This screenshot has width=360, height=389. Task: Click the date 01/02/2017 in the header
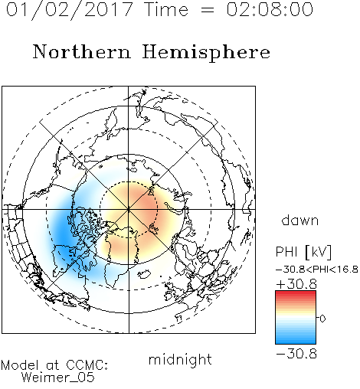[x=69, y=10]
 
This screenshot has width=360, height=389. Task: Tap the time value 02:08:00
[x=270, y=9]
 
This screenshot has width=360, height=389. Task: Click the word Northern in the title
[x=82, y=52]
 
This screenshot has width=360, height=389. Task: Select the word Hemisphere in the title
[x=206, y=53]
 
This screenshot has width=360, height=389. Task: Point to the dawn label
[x=300, y=220]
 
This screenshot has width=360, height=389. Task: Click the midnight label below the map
[x=180, y=359]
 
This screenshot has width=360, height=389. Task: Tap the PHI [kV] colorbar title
[x=303, y=252]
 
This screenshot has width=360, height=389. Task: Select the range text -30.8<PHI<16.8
[x=317, y=270]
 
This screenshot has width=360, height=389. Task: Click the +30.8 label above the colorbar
[x=296, y=284]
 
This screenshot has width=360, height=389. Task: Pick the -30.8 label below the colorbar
[x=296, y=354]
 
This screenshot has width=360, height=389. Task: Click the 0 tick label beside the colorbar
[x=322, y=319]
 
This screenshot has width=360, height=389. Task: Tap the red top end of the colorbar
[x=296, y=293]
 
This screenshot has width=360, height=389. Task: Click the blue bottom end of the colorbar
[x=296, y=342]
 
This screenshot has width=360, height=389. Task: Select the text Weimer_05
[x=57, y=377]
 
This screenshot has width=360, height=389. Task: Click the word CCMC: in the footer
[x=87, y=365]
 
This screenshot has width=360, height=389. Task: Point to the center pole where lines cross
[x=129, y=210]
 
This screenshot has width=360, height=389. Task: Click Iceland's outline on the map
[x=145, y=273]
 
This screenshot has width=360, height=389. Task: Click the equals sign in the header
[x=207, y=10]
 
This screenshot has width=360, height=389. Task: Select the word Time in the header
[x=166, y=9]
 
